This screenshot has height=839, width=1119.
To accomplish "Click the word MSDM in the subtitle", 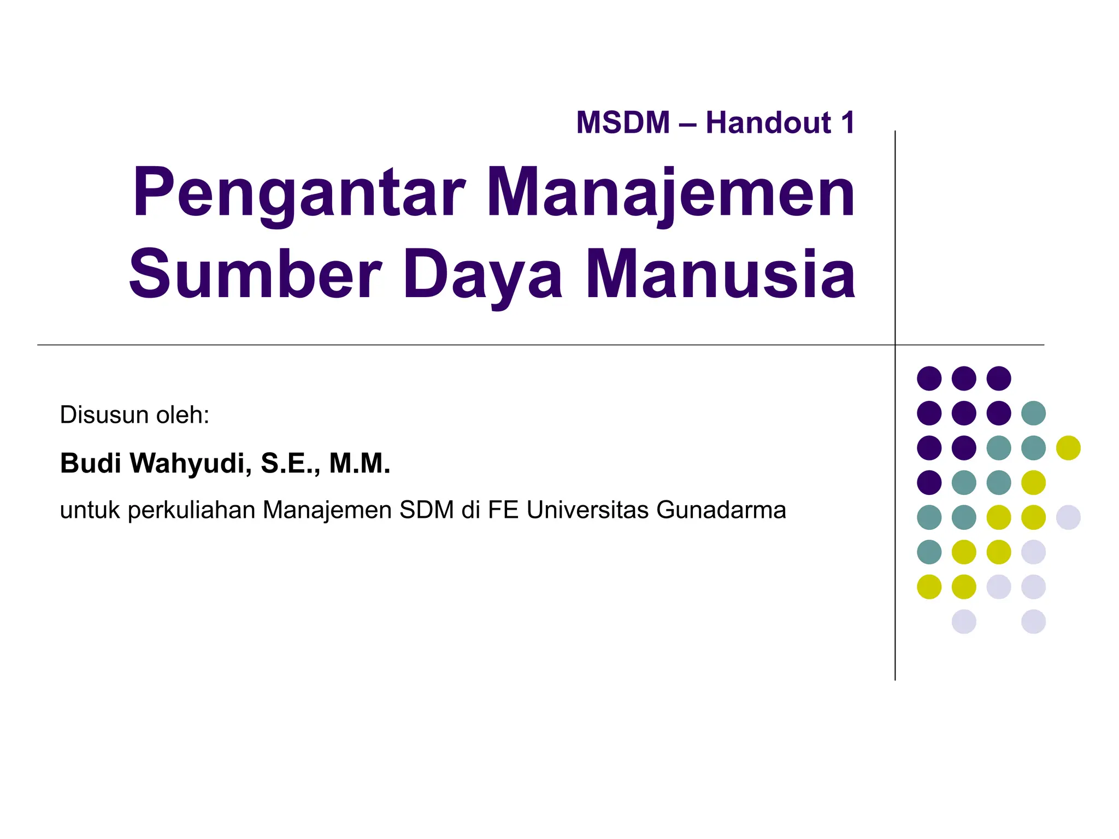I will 623,122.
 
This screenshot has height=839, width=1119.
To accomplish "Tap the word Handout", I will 768,122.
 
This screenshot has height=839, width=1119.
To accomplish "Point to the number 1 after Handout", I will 847,122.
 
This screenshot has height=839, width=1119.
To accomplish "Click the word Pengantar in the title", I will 298,194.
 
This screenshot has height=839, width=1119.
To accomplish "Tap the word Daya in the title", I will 483,274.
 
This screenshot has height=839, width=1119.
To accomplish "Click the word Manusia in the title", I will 720,274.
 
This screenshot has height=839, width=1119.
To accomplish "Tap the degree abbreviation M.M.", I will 360,463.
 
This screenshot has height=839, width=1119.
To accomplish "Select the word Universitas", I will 587,510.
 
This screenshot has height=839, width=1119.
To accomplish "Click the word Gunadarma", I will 721,510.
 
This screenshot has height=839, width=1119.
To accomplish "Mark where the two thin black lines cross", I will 895,345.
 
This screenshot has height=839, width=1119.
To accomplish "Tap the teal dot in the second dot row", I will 1033,413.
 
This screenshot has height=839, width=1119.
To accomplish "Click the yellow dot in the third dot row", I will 1068,448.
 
